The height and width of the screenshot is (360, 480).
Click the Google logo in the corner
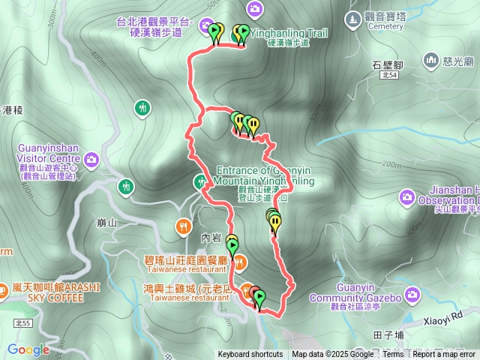pos(28,349)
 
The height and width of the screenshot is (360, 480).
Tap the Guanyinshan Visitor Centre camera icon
pos(91,159)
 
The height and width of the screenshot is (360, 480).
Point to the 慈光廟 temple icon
pos(431,59)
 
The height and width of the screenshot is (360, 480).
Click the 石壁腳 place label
pos(388,65)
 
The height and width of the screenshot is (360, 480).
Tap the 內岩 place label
pos(212,238)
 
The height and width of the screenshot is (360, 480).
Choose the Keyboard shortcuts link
pos(250,355)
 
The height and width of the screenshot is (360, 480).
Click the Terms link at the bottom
pos(393,355)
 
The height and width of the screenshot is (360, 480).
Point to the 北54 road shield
pos(388,76)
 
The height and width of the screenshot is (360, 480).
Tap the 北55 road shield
pos(22,323)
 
